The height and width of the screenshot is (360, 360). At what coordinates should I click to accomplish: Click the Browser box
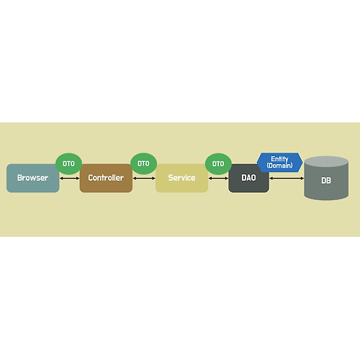pos(33,178)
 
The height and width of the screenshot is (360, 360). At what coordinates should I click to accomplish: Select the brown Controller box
pos(106,178)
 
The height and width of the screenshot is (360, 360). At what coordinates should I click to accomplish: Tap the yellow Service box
pos(181,178)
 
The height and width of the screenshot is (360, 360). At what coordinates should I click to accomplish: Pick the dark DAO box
pos(248,178)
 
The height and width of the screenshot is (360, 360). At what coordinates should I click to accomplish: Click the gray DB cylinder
pos(326,178)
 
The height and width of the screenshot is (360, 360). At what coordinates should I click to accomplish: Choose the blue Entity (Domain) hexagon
pos(279,163)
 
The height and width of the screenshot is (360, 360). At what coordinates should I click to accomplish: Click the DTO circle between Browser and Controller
pos(69,163)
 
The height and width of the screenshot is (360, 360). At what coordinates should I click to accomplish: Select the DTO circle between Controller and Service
pos(143,163)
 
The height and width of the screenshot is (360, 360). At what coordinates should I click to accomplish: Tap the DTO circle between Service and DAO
pos(218,163)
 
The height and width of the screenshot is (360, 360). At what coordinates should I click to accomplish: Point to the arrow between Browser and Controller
pos(69,179)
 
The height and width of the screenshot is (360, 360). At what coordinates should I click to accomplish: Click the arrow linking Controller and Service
pos(144,179)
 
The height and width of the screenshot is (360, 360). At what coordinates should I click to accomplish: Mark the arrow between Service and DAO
pos(218,179)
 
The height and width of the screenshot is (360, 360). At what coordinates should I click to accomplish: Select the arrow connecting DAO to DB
pos(287,179)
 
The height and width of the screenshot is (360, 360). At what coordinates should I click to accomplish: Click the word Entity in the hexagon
pos(279,159)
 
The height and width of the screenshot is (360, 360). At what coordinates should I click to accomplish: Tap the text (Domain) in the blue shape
pos(279,166)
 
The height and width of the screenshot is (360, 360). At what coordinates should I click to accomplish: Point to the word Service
pos(181,178)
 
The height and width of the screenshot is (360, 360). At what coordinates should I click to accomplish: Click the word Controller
pos(106,178)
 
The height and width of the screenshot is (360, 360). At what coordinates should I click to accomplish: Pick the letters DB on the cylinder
pos(326,181)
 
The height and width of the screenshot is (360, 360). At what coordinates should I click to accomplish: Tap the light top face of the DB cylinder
pos(326,161)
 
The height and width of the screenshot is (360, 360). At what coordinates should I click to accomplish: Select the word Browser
pos(32,178)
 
